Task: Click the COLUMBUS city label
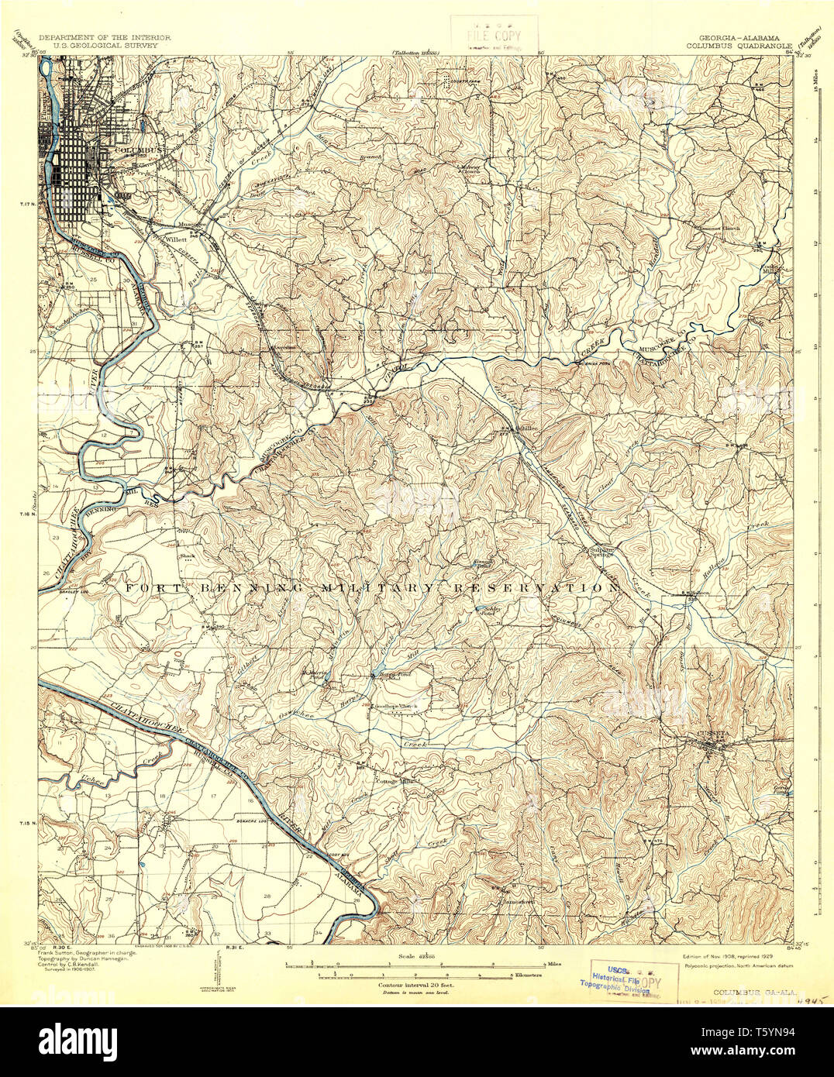(x=139, y=149)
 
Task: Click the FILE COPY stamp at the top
(x=493, y=36)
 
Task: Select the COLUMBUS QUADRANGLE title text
(x=738, y=46)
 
